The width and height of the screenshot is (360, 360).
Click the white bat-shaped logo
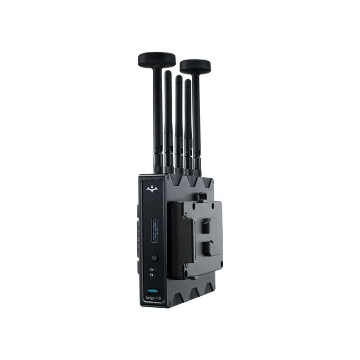pyautogui.click(x=151, y=189)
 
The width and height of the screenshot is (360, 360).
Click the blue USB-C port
pyautogui.click(x=152, y=291)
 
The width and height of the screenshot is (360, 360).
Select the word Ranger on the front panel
pyautogui.click(x=149, y=299)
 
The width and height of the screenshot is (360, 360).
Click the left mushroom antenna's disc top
pyautogui.click(x=157, y=59)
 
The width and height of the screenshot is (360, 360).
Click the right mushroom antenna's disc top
pyautogui.click(x=195, y=66)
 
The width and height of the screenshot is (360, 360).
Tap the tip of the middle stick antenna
pyautogui.click(x=178, y=78)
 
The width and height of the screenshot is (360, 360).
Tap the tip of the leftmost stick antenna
pyautogui.click(x=168, y=74)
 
